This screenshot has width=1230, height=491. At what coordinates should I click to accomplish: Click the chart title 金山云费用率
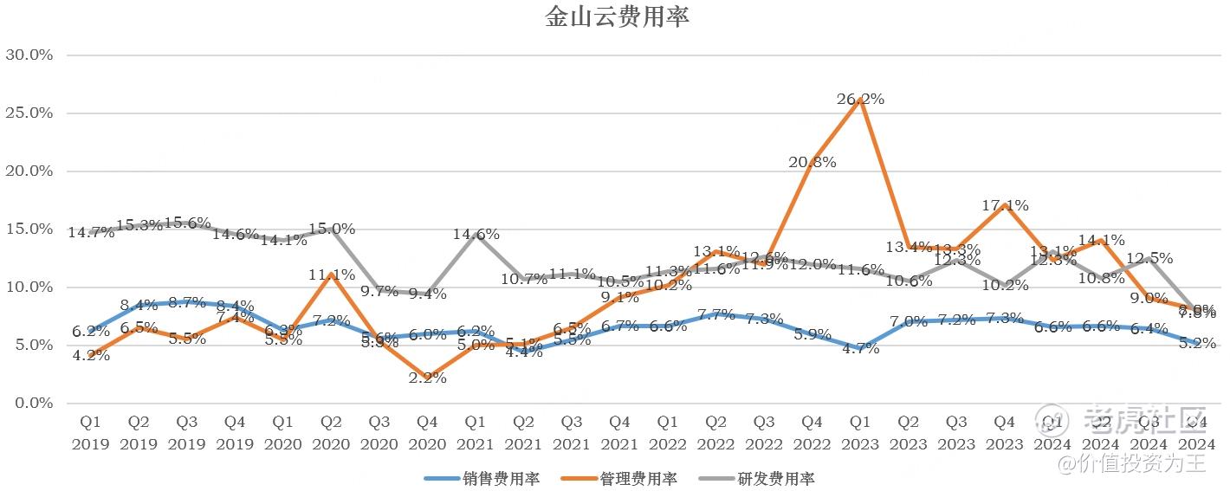(617, 17)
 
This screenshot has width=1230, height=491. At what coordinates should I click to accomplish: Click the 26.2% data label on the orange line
(860, 100)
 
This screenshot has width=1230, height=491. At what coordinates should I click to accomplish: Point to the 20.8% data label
(812, 162)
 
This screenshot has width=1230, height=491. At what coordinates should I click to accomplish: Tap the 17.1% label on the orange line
(1005, 206)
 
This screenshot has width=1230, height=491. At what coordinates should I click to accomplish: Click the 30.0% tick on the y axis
(29, 55)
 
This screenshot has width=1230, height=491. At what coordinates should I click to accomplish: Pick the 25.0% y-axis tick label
(29, 113)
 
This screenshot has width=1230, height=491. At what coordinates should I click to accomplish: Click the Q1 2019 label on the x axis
(91, 433)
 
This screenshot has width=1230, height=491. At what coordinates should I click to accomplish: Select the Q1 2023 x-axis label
(860, 433)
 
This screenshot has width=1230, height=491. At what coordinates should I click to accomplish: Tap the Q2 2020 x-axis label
(331, 433)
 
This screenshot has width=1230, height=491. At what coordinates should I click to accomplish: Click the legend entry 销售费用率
(482, 479)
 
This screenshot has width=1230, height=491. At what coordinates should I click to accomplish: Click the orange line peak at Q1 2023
(859, 100)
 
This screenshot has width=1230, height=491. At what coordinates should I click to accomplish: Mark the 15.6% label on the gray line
(187, 223)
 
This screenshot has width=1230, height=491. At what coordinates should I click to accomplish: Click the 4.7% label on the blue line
(860, 349)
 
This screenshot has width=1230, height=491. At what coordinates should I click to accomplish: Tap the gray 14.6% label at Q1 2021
(476, 235)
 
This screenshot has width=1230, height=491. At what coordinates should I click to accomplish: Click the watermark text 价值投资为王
(1143, 464)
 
